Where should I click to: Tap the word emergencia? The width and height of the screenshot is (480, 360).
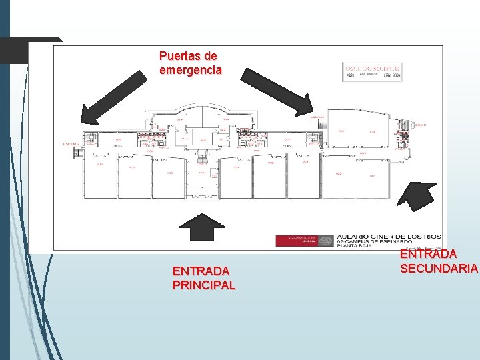pos(191,69)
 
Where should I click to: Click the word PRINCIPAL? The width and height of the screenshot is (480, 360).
pos(203,285)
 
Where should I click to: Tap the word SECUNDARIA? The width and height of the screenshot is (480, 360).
pos(439,268)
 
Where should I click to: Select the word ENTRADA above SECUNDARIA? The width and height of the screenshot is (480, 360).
pos(429,254)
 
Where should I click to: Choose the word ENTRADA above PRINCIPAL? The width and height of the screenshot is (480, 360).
pos(201,271)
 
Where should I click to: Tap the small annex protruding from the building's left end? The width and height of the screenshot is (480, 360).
pos(79,153)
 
